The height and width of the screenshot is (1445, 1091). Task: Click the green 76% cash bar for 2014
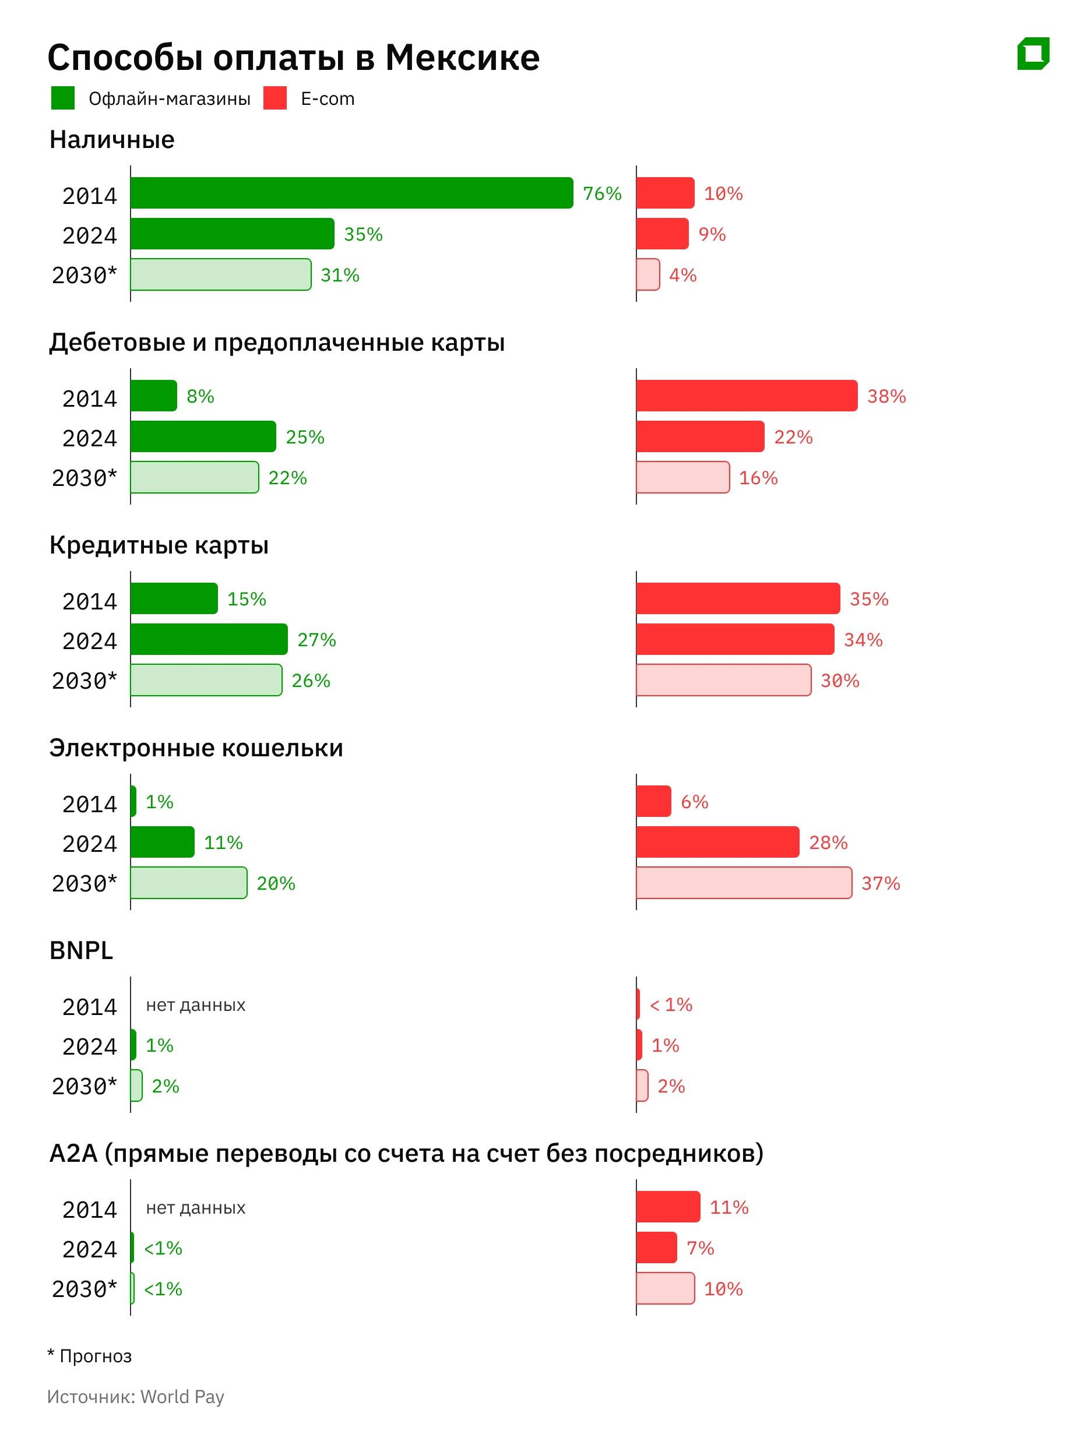point(351,193)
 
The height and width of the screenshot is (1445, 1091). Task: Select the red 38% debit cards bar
point(746,395)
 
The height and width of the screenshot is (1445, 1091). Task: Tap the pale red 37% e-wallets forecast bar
point(744,883)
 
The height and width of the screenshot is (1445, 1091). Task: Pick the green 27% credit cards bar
point(209,639)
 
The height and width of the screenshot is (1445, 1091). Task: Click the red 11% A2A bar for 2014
point(668,1207)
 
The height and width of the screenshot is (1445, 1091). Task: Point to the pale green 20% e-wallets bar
point(189,883)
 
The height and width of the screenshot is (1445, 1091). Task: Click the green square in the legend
point(63,98)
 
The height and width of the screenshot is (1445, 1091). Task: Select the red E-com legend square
point(275,98)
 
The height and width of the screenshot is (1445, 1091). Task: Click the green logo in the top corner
point(1033,54)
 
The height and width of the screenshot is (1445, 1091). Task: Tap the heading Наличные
point(112,140)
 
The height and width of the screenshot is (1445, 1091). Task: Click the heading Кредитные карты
point(159,545)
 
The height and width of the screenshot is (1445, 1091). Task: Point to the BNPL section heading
point(81,950)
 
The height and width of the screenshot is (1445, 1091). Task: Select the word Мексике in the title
point(462,58)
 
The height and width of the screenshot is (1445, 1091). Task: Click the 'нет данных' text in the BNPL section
point(195,1005)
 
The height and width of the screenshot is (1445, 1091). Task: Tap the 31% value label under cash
point(340,275)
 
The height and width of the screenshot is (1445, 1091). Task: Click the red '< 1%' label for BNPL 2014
point(671,1005)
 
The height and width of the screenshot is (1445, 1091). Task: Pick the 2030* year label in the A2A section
point(85,1289)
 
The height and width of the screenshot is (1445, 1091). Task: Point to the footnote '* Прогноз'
point(90,1355)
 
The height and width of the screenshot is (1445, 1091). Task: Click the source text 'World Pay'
point(182,1397)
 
